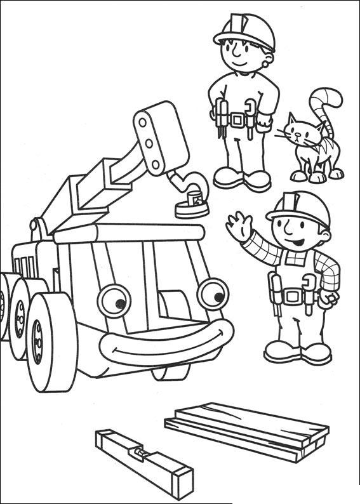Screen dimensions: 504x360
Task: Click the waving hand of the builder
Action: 239,227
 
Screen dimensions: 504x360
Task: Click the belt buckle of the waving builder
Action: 293,295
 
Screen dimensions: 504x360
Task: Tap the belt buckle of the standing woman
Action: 239,119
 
